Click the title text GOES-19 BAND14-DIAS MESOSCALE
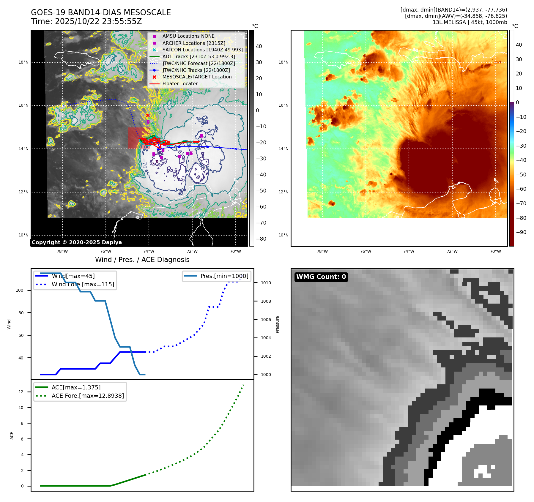101,12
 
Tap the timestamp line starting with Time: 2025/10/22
86,21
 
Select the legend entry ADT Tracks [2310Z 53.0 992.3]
199,56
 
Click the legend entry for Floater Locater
180,84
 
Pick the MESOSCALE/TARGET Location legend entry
197,77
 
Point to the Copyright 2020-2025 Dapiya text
77,242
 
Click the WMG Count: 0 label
321,277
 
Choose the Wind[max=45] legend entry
73,276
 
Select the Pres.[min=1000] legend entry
224,276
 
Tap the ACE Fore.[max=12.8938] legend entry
88,396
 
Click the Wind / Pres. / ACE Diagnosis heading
142,260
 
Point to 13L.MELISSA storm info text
470,22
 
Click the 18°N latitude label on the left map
23,62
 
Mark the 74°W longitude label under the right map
409,251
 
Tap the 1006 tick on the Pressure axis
266,320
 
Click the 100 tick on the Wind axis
20,290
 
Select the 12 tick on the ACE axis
21,392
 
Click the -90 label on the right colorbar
521,232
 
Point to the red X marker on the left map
147,115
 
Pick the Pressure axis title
277,324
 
